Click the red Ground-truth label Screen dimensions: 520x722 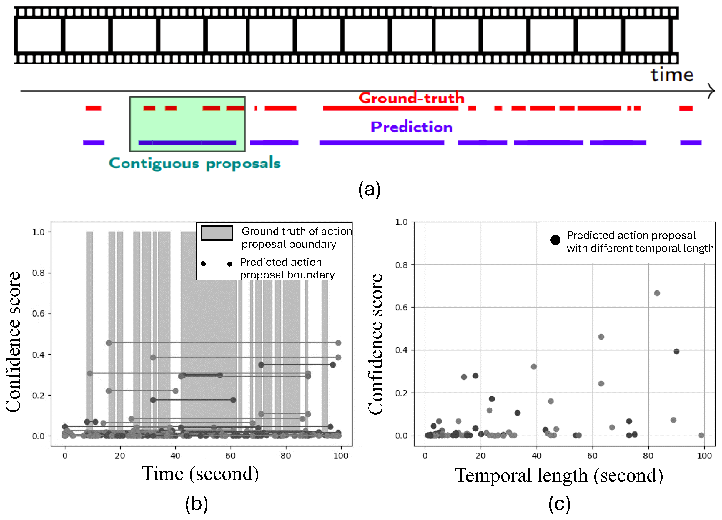[411, 98]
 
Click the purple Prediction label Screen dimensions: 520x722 [411, 127]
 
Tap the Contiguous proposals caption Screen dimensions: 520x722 [194, 163]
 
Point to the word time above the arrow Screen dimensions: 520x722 [672, 75]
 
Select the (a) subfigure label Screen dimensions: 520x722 [369, 190]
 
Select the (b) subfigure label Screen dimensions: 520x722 [197, 504]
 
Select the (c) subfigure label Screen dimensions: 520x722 [559, 504]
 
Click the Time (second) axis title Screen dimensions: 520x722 [200, 474]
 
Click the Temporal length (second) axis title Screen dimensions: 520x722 [559, 476]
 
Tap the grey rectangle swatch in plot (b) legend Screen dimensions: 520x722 [217, 233]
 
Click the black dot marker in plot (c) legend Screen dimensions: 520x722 [555, 240]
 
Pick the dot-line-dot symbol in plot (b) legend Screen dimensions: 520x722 [217, 264]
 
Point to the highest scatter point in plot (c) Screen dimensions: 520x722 [657, 293]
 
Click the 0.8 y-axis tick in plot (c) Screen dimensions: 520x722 [401, 265]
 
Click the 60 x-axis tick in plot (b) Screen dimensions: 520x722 [230, 456]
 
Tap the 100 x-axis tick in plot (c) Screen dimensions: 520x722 [704, 456]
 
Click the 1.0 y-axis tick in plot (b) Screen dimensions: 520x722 [38, 232]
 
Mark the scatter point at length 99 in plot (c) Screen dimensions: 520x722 [701, 435]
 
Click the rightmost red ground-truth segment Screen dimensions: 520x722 [686, 108]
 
